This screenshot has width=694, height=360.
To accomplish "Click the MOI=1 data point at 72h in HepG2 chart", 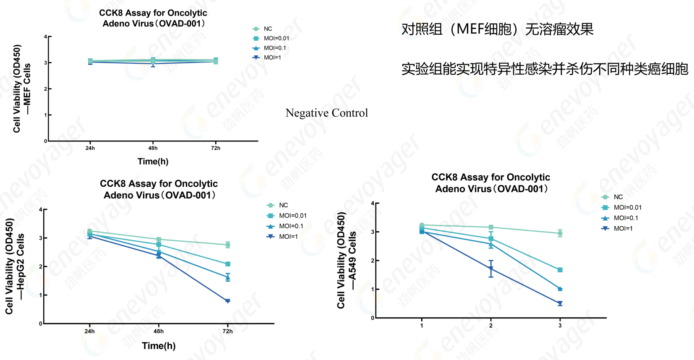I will (227, 301).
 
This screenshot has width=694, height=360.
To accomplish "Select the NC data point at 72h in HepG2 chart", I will (227, 245).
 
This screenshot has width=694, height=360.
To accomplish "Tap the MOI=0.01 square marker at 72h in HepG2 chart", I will (228, 264).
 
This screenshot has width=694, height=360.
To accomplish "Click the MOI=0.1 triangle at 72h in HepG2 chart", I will (227, 277).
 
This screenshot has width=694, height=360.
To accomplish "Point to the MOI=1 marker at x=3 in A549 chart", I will (560, 303).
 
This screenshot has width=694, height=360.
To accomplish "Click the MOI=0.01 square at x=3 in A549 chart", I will (560, 270).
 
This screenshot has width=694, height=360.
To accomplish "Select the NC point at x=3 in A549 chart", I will (560, 233).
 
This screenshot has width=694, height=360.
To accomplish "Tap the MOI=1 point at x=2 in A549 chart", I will (491, 269).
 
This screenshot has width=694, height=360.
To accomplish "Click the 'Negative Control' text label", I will (326, 113).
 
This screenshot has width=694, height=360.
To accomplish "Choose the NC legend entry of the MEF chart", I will (268, 29).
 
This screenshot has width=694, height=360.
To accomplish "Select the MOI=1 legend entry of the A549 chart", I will (623, 229).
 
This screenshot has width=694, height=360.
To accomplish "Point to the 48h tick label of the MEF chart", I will (153, 148).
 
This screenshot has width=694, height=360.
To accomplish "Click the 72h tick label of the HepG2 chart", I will (227, 331).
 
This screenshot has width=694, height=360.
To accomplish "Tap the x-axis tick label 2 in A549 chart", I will (491, 326).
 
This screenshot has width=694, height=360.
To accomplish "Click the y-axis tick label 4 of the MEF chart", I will (45, 37).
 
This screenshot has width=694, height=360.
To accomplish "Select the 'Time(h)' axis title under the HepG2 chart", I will (159, 346).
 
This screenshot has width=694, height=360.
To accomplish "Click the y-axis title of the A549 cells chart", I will (346, 261).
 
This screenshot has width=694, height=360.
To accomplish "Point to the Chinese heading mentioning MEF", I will (497, 29).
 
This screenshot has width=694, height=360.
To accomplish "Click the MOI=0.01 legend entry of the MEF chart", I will (276, 39).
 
